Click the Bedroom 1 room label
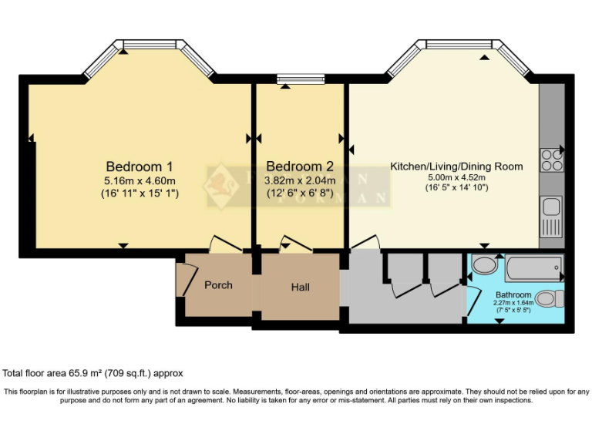pos(139,166)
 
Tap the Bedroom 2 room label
pos(300,166)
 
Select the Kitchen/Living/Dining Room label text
pos(456,166)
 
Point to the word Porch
pos(218,285)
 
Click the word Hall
pos(301,288)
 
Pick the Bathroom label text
pos(513,295)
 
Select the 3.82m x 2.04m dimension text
pos(301,180)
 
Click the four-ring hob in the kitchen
pos(552,160)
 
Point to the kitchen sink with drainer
pos(551,215)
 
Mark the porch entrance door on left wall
pos(183,280)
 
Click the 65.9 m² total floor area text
pos(93,373)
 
